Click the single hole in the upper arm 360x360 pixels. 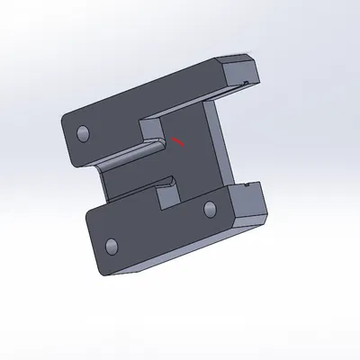point(84,134)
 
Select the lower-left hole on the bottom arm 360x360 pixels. point(112,246)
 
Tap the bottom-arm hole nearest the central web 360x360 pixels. point(210,209)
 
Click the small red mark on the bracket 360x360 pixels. point(178,140)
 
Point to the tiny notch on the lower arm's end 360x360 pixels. point(246,185)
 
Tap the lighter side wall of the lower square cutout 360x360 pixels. point(167,193)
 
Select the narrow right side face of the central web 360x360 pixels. point(220,144)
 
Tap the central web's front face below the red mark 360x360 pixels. point(189,166)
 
